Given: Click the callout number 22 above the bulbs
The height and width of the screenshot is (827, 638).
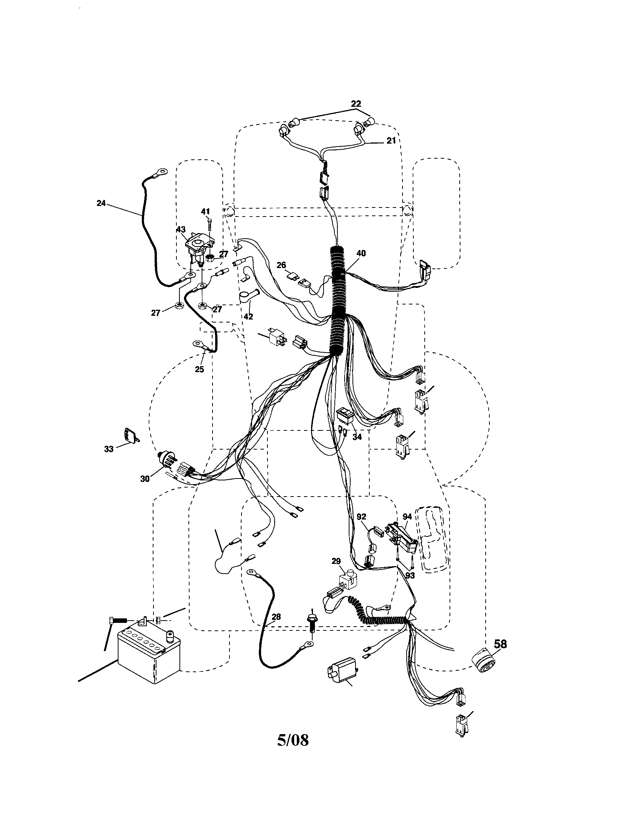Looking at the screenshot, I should click(356, 103).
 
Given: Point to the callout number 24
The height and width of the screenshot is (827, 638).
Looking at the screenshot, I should click(101, 203).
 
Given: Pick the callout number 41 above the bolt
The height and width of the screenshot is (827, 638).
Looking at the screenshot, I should click(205, 211).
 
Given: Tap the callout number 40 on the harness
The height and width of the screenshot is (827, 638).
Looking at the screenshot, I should click(361, 253).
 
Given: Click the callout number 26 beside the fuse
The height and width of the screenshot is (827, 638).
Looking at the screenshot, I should click(281, 265).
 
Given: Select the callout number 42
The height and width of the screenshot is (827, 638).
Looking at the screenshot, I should click(248, 317).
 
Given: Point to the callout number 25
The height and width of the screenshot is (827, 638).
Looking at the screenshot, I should click(199, 369).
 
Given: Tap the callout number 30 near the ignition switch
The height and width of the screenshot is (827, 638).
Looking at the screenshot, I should click(145, 479).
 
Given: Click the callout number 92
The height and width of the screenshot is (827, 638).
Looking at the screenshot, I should click(362, 516).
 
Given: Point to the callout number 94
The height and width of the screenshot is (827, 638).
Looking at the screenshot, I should click(407, 516).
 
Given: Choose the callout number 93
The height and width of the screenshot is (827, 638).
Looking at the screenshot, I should click(410, 575).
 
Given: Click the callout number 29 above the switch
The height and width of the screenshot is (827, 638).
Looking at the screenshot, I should click(336, 561).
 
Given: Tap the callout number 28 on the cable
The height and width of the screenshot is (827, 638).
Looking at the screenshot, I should click(276, 617).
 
